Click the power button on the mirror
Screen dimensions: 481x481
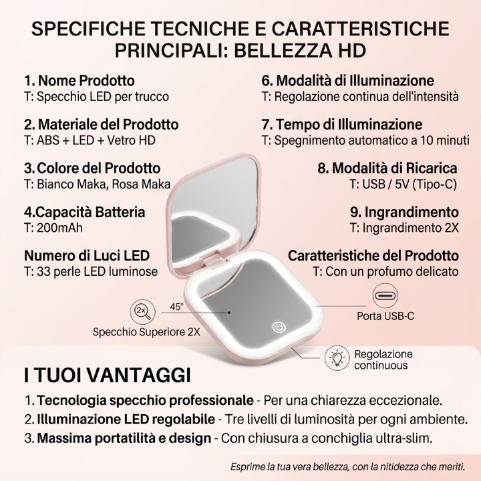pos(279,327)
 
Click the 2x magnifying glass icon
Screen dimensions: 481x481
pos(142,311)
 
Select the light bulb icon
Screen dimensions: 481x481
pos(337,358)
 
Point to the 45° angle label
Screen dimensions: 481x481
pos(176,307)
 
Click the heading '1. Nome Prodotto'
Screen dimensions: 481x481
pos(79,81)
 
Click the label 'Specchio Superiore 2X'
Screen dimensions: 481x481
pos(147,332)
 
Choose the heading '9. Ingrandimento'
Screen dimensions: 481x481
pos(404,212)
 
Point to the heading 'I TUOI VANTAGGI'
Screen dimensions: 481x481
pos(108,375)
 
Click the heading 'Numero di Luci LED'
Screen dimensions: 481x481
pos(87,256)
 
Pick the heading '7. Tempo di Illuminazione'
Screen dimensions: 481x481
pos(342,124)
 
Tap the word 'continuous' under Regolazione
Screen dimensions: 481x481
pos(381,365)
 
